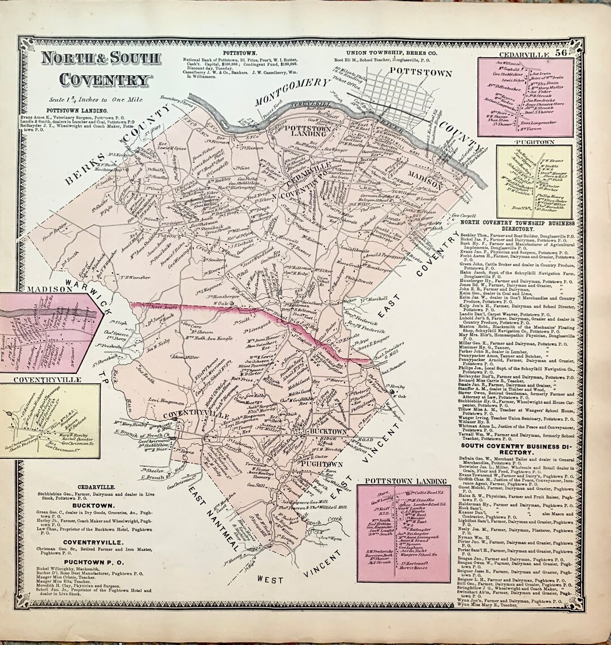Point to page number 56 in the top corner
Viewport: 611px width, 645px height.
click(561, 53)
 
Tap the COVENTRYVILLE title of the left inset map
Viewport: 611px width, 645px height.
click(39, 380)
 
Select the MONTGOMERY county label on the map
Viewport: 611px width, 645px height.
click(291, 92)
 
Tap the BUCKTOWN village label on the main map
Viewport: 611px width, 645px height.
click(328, 431)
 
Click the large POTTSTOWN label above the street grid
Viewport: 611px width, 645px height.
click(421, 73)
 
